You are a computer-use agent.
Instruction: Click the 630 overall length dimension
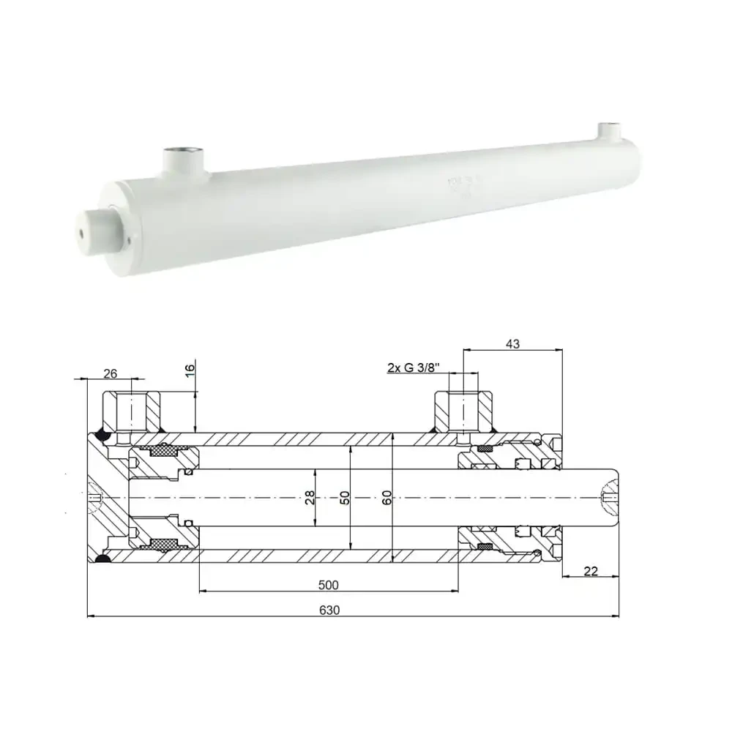pos(330,609)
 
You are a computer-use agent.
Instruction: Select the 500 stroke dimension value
pos(329,585)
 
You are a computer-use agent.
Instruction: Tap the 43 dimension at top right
pos(512,344)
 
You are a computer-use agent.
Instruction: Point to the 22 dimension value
pos(592,571)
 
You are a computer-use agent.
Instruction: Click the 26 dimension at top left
pos(110,373)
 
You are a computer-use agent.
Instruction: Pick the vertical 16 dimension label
pos(190,370)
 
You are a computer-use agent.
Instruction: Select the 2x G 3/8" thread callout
pos(413,367)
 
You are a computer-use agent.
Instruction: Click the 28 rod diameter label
pos(310,498)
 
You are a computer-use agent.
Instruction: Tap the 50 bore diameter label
pos(345,498)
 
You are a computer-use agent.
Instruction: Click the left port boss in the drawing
pos(132,413)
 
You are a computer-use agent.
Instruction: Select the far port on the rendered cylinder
pos(608,132)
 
